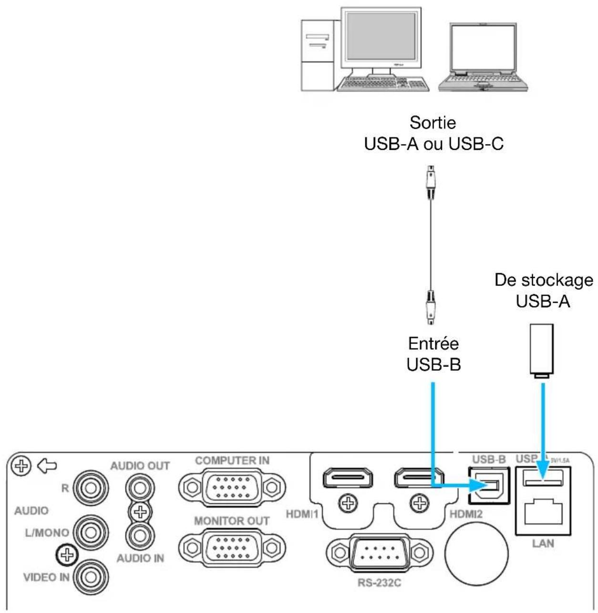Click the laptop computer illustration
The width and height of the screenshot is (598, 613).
point(483,57)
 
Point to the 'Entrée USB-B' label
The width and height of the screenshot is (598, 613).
point(433,354)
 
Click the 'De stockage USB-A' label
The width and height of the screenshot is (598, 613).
point(543,290)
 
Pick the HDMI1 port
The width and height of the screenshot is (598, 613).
point(348,479)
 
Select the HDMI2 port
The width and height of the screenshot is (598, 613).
point(418,479)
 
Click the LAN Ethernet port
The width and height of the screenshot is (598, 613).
point(543,514)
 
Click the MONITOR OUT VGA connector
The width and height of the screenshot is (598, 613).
point(232,547)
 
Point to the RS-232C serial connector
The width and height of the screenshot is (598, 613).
point(377,553)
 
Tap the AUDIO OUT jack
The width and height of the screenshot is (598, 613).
point(140,488)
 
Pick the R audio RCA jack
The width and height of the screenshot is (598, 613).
point(89,489)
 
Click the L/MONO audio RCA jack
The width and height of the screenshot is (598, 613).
point(89,532)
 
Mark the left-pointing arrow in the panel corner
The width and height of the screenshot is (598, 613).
point(47,465)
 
